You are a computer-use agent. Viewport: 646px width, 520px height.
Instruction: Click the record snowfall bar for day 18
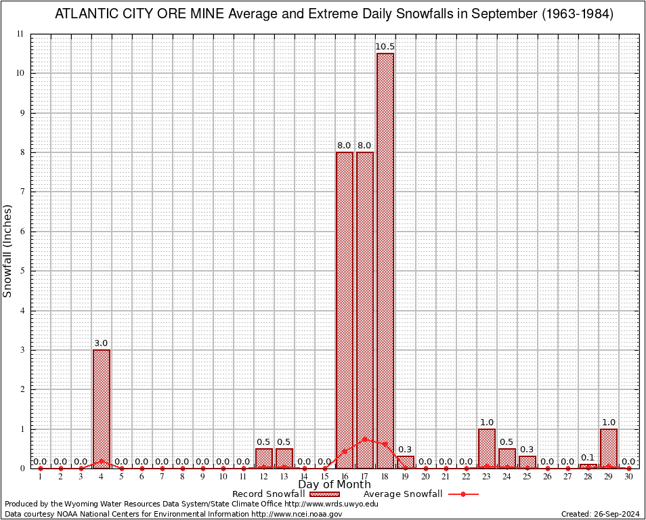[385, 261]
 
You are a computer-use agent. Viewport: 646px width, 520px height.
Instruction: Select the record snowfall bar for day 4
[102, 409]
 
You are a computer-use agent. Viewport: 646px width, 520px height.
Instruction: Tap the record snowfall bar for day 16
[345, 310]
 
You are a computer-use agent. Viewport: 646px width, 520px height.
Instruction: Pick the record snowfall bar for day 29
[608, 448]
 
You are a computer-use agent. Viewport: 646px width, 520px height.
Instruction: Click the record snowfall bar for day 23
[487, 448]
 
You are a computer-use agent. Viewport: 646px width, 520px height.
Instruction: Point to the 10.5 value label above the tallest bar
[385, 46]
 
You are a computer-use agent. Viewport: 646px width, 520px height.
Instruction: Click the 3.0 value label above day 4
[102, 343]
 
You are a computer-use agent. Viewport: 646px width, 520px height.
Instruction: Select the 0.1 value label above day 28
[588, 458]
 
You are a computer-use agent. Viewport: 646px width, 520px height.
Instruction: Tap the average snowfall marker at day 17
[365, 439]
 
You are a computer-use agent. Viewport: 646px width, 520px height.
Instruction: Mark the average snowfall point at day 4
[102, 461]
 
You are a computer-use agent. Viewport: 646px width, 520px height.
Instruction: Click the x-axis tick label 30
[628, 477]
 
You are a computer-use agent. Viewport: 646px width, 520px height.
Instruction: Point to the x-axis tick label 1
[41, 477]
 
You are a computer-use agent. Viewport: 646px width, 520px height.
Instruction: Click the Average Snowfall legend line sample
[462, 494]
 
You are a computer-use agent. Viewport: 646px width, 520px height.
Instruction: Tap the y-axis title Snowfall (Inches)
[8, 251]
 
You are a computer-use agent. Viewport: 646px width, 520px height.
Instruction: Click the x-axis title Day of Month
[335, 485]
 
